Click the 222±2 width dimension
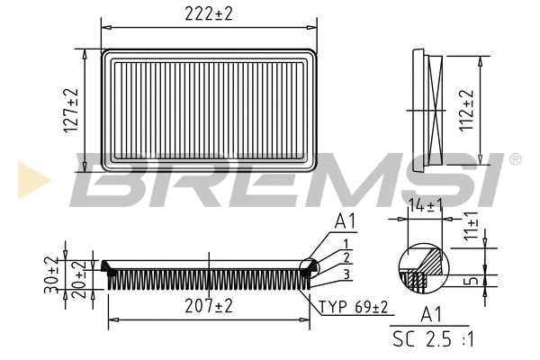coord(210,13)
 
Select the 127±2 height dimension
coord(71,110)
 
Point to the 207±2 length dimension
coord(209,307)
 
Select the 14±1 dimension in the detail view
coord(426,206)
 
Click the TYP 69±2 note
coord(354,308)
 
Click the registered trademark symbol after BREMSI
coord(515,160)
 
